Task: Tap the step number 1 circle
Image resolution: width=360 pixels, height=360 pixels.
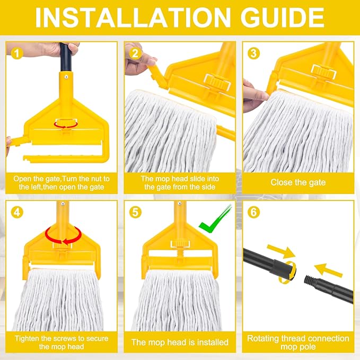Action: [x=17, y=53]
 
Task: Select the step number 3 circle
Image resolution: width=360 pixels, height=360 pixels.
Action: [x=254, y=53]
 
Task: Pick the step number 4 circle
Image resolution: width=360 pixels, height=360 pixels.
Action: [x=17, y=212]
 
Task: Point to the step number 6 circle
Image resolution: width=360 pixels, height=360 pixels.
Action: [x=254, y=212]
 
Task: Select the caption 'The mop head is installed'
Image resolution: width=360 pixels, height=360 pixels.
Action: [x=180, y=342]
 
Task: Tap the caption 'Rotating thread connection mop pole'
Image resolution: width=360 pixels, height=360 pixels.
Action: [x=298, y=342]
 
